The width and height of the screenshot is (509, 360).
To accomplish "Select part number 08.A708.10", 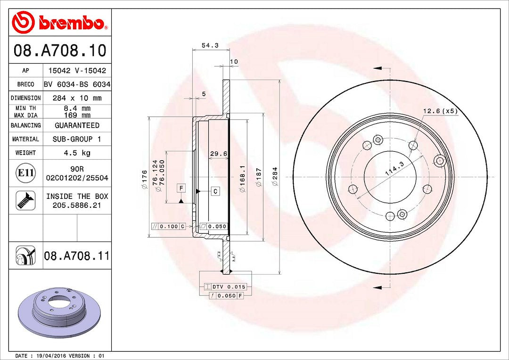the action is point(60,50).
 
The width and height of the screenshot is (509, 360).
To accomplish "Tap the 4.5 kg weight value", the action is point(77,153).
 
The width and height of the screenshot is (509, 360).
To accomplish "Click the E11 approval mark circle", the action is point(25,172).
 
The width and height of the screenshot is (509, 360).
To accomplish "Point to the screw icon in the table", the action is point(25,200).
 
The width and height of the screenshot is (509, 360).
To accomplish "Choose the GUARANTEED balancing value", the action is point(77,125).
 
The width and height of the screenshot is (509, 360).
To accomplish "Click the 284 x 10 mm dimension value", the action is point(77,98).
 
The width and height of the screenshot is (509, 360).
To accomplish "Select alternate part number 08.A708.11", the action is point(77,256).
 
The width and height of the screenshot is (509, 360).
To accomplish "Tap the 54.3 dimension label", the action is point(210,45).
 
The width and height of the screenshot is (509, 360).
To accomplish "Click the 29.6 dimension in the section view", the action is point(218,154).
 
